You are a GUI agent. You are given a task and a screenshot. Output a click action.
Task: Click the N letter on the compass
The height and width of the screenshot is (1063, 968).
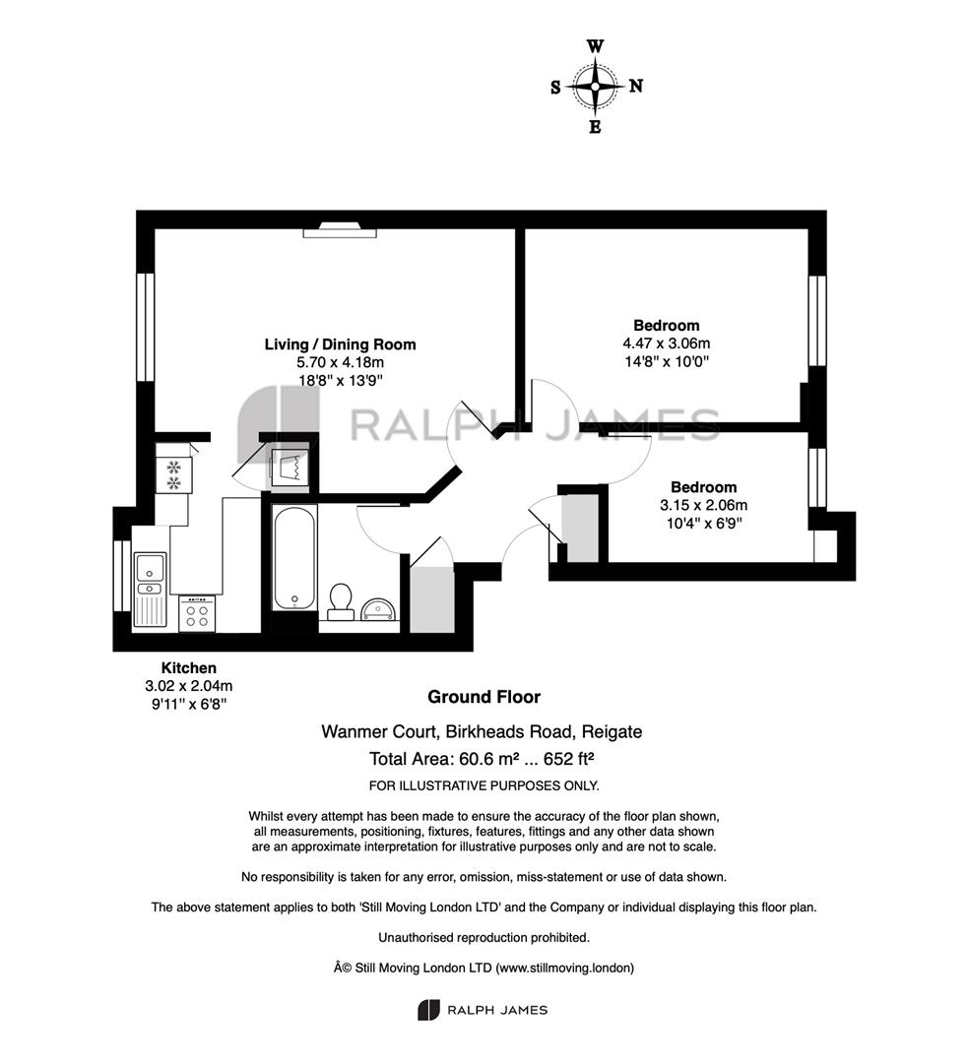(x=635, y=86)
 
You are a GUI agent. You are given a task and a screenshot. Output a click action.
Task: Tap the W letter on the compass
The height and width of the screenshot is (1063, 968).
(x=595, y=46)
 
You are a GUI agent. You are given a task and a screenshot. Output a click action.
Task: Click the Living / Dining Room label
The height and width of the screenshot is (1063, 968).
(x=340, y=344)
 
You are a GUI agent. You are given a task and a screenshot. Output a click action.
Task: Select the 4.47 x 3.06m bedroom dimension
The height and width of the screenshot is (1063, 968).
(x=666, y=344)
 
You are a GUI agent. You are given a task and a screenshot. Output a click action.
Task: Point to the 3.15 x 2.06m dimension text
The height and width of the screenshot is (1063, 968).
(x=703, y=505)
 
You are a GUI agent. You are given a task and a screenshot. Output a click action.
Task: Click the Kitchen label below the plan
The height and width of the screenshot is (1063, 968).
(x=189, y=667)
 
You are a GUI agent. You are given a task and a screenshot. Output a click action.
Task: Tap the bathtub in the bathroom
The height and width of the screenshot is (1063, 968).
(x=294, y=557)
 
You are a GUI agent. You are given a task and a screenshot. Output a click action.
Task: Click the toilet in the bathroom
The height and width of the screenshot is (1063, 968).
(x=340, y=602)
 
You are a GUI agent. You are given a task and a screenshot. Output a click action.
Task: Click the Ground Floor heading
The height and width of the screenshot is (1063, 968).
(x=484, y=697)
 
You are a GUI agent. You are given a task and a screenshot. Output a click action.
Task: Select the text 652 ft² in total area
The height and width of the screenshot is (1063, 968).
(x=569, y=759)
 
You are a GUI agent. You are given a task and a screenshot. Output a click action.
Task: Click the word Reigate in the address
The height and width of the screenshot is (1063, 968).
(x=612, y=732)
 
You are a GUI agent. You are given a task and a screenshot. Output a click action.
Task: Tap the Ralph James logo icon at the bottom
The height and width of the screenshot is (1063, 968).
(x=428, y=1010)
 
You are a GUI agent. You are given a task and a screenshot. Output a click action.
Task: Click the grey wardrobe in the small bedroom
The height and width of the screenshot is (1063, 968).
(x=581, y=529)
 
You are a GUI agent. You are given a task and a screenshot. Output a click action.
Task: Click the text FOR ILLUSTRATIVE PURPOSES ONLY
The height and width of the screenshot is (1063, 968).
(x=484, y=785)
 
